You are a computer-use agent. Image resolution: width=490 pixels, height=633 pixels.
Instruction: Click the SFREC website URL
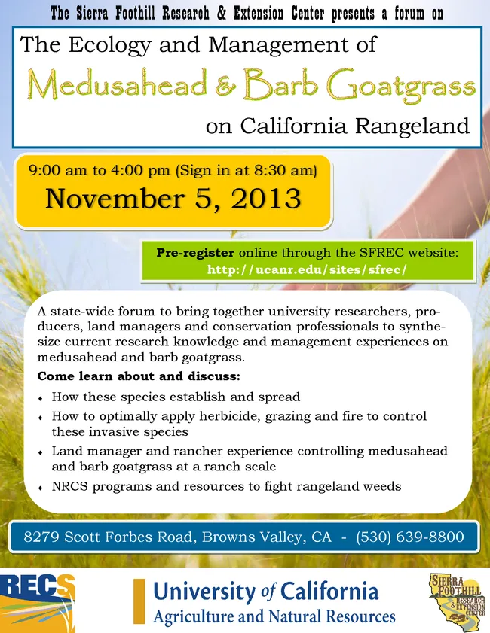coord(306,269)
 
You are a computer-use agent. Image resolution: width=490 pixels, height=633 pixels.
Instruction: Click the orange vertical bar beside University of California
coord(139,601)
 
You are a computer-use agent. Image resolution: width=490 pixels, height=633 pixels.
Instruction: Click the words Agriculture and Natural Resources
coord(274,617)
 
